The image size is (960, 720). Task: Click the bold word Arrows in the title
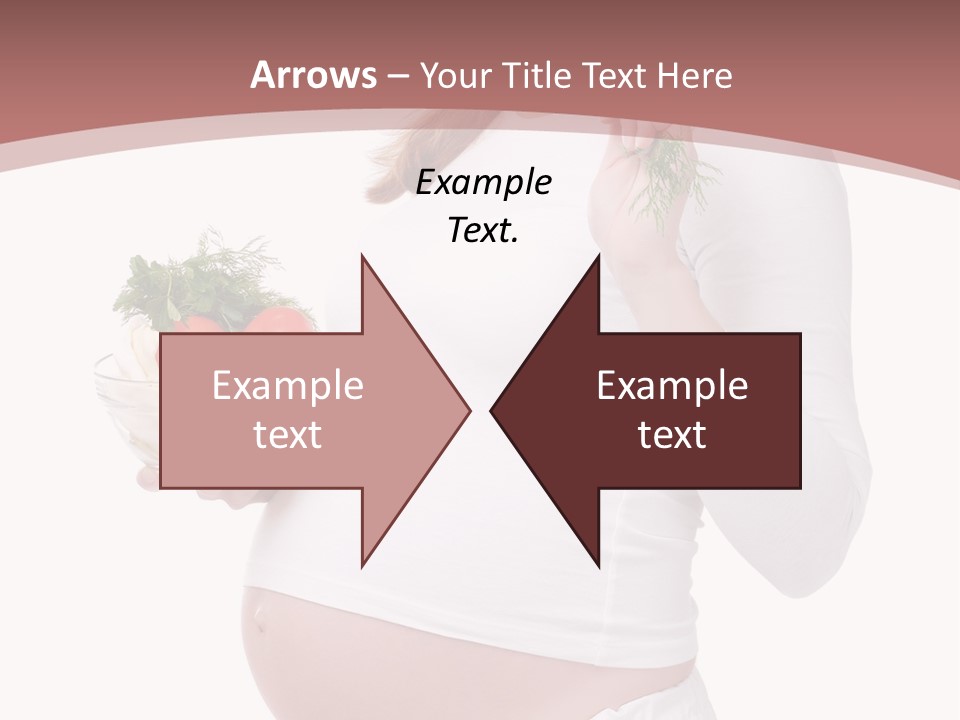coord(313,75)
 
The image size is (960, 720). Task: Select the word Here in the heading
coord(696,75)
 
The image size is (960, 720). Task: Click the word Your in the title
coord(453,75)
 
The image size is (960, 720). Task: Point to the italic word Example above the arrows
coord(483,183)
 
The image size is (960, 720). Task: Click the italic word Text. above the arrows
coord(483,231)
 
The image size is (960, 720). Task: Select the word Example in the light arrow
coord(287,386)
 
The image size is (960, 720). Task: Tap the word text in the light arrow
coord(287,434)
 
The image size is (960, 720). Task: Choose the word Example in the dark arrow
coord(672,386)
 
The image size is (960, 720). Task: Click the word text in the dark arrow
coord(672,434)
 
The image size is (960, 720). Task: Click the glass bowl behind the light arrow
coord(125,400)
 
